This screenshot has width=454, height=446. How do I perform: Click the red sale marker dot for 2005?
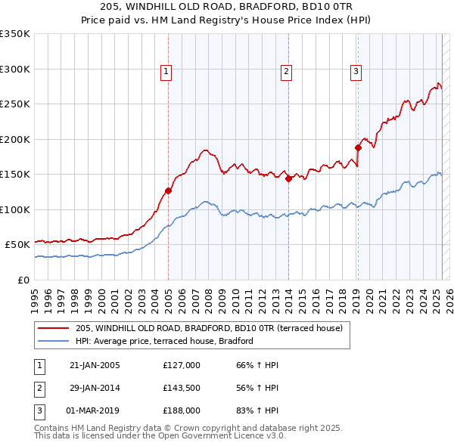(x=168, y=190)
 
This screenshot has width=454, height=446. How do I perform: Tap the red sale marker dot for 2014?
(x=288, y=179)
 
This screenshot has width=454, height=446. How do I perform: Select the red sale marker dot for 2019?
(x=357, y=148)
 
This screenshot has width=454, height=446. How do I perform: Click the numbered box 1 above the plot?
(x=166, y=72)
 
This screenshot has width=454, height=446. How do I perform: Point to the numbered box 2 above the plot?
(x=287, y=72)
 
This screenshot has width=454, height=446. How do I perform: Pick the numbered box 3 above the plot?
(x=356, y=72)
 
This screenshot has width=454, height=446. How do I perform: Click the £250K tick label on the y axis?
(x=15, y=104)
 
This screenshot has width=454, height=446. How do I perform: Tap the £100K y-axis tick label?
(x=15, y=209)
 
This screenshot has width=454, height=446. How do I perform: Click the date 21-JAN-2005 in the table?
(x=95, y=365)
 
